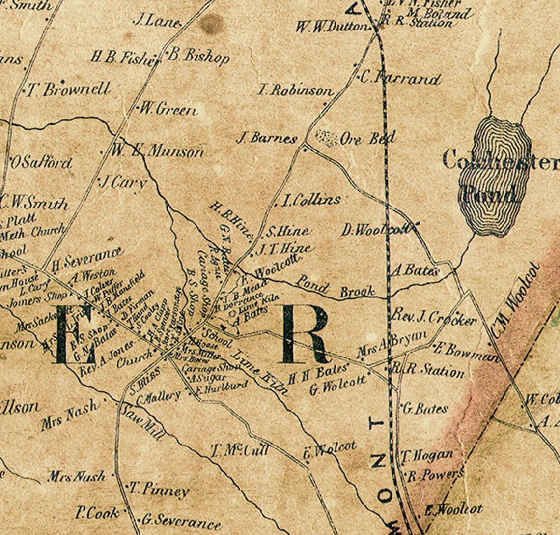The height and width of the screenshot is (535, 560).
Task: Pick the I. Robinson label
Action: [295, 90]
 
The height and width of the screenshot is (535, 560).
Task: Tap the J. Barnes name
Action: [267, 138]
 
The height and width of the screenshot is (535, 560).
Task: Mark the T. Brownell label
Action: [68, 90]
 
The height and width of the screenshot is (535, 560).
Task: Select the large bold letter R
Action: [305, 334]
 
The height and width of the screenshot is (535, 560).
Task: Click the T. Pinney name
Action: [159, 490]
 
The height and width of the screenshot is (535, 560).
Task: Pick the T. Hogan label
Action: [426, 455]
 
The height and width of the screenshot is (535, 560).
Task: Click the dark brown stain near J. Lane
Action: [212, 24]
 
